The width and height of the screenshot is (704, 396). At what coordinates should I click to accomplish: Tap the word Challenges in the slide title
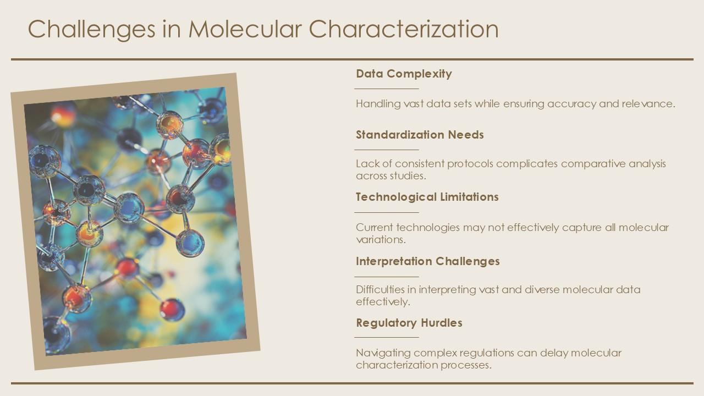[x=91, y=30]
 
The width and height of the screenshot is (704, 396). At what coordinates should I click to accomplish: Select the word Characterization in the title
[x=404, y=29]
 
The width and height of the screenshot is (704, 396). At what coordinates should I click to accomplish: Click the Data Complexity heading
[x=404, y=74]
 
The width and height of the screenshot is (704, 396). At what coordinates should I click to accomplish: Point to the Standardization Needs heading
[x=420, y=135]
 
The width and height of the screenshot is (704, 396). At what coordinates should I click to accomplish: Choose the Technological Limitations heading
[x=427, y=197]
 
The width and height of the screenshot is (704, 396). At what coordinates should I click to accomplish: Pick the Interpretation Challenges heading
[x=428, y=261]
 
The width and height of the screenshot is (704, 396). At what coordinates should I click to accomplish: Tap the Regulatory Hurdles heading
[x=409, y=323]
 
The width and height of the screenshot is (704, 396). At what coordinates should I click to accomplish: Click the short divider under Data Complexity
[x=387, y=89]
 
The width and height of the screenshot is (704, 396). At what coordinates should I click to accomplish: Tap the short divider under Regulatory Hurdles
[x=387, y=338]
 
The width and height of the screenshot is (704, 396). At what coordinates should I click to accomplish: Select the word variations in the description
[x=381, y=240]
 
